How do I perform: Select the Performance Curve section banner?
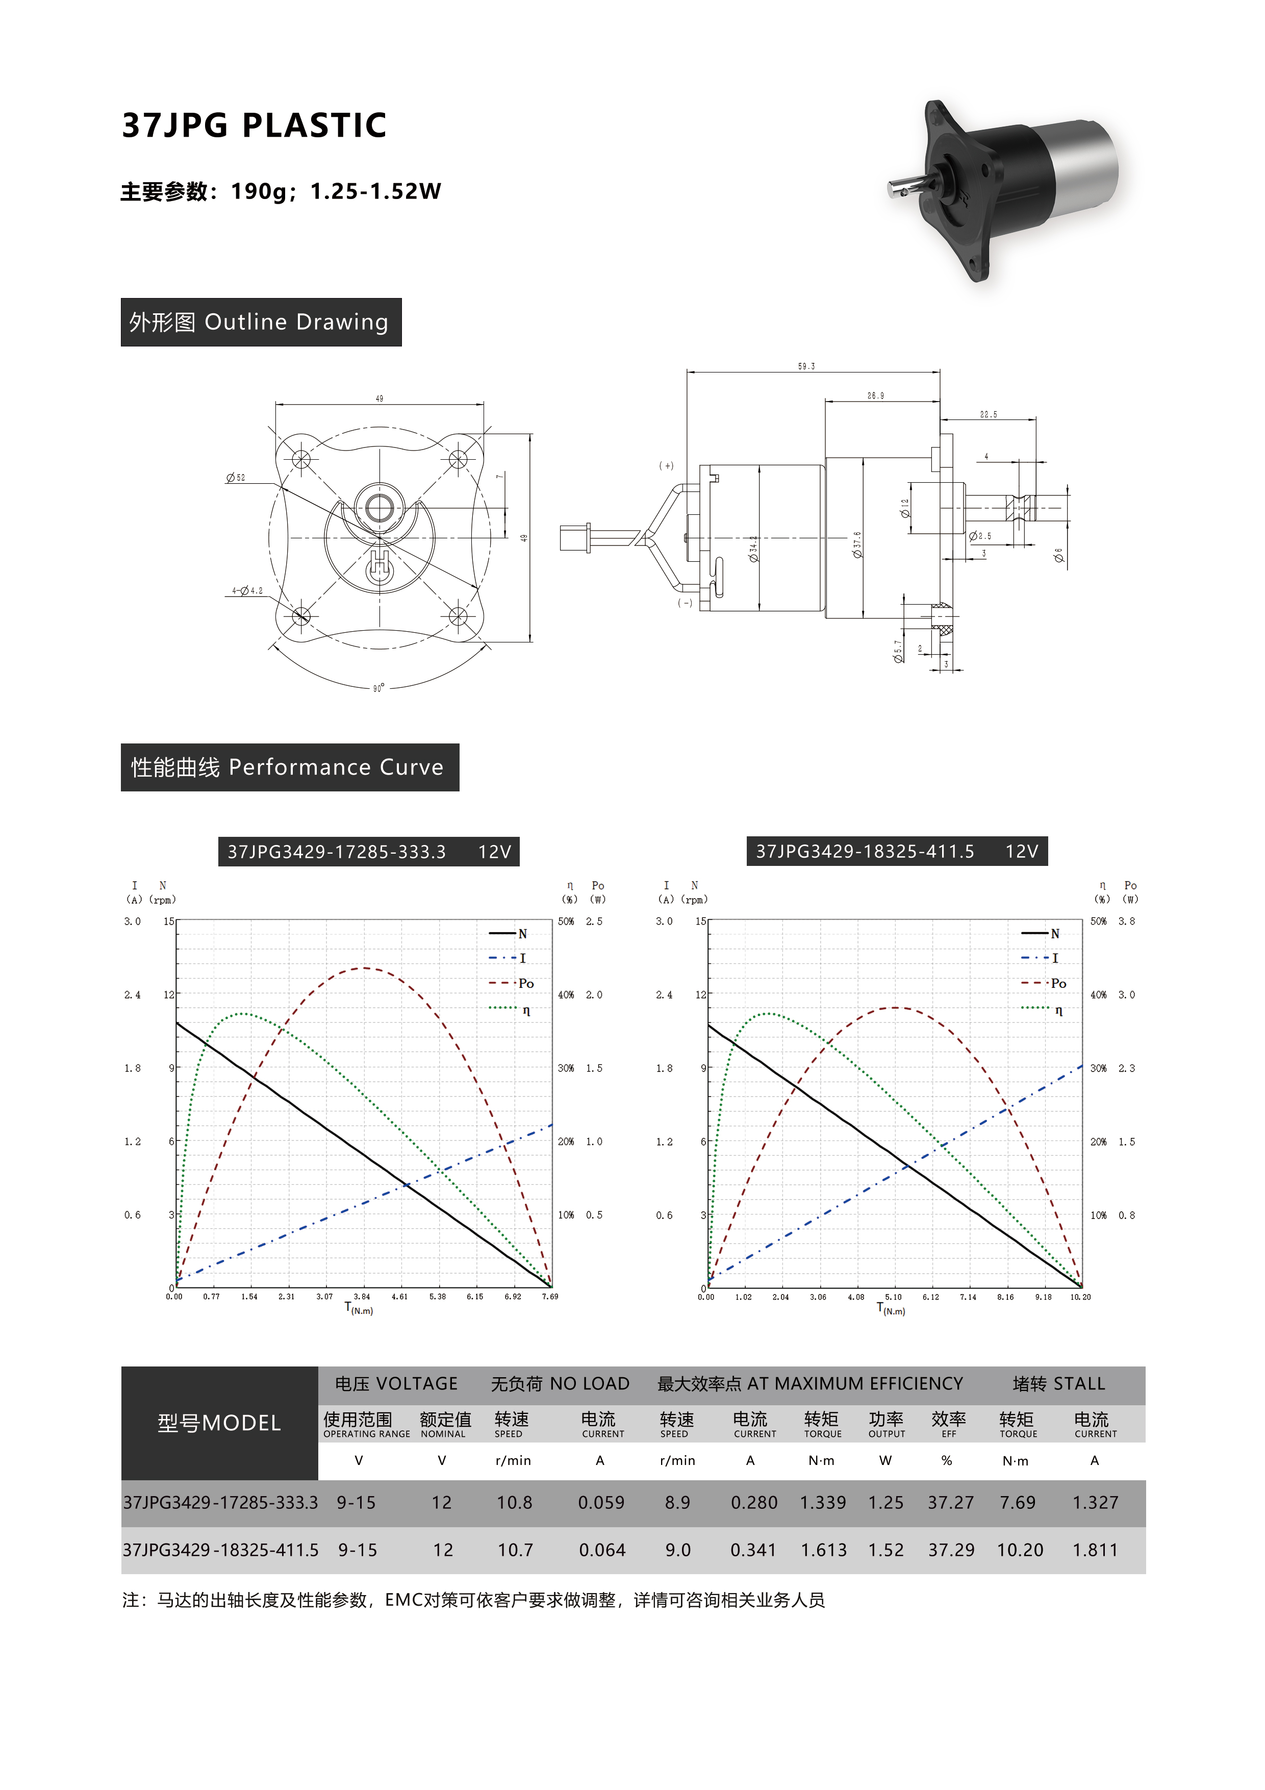290,767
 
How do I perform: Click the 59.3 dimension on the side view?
806,366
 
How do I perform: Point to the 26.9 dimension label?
875,395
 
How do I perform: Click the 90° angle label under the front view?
378,688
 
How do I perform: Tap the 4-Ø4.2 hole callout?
247,590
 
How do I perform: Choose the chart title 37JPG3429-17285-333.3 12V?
369,851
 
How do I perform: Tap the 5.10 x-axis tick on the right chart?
893,1297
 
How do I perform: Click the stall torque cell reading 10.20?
1020,1550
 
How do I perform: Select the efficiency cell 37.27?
950,1502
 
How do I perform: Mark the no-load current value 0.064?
602,1550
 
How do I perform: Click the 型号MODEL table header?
219,1423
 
